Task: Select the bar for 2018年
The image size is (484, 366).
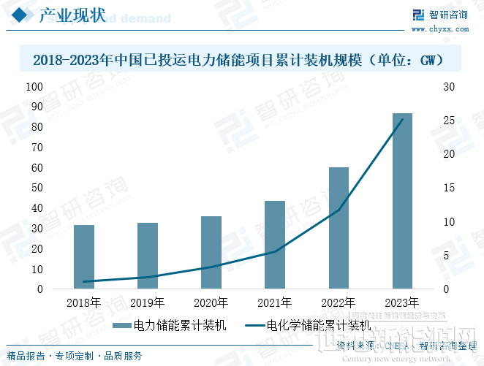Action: point(84,257)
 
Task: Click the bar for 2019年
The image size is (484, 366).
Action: point(148,256)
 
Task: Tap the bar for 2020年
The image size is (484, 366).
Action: point(211,253)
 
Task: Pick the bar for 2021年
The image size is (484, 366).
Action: point(275,245)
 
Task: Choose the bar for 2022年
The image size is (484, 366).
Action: point(339,228)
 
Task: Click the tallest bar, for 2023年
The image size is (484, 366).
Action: point(402,201)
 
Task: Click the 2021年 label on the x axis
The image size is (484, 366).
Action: point(275,302)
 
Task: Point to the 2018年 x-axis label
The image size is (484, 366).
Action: point(84,302)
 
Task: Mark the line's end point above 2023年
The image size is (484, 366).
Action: point(402,120)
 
